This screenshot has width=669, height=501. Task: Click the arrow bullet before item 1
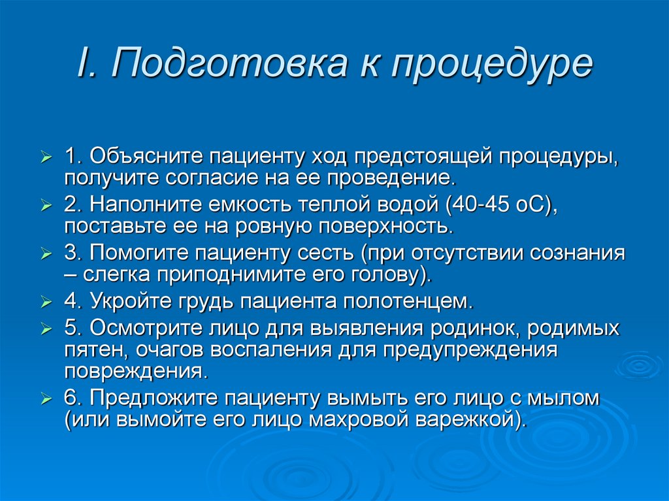[x=45, y=157]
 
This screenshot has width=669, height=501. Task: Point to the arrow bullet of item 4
[x=45, y=303]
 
